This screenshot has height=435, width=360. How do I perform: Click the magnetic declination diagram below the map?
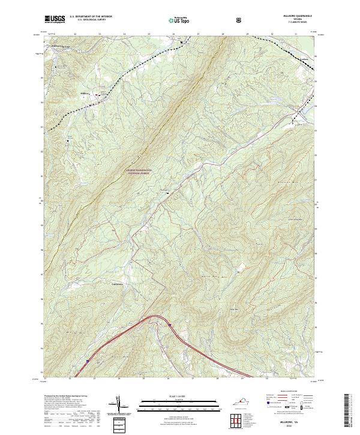click(120, 406)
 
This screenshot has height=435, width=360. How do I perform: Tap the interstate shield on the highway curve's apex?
click(169, 325)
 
